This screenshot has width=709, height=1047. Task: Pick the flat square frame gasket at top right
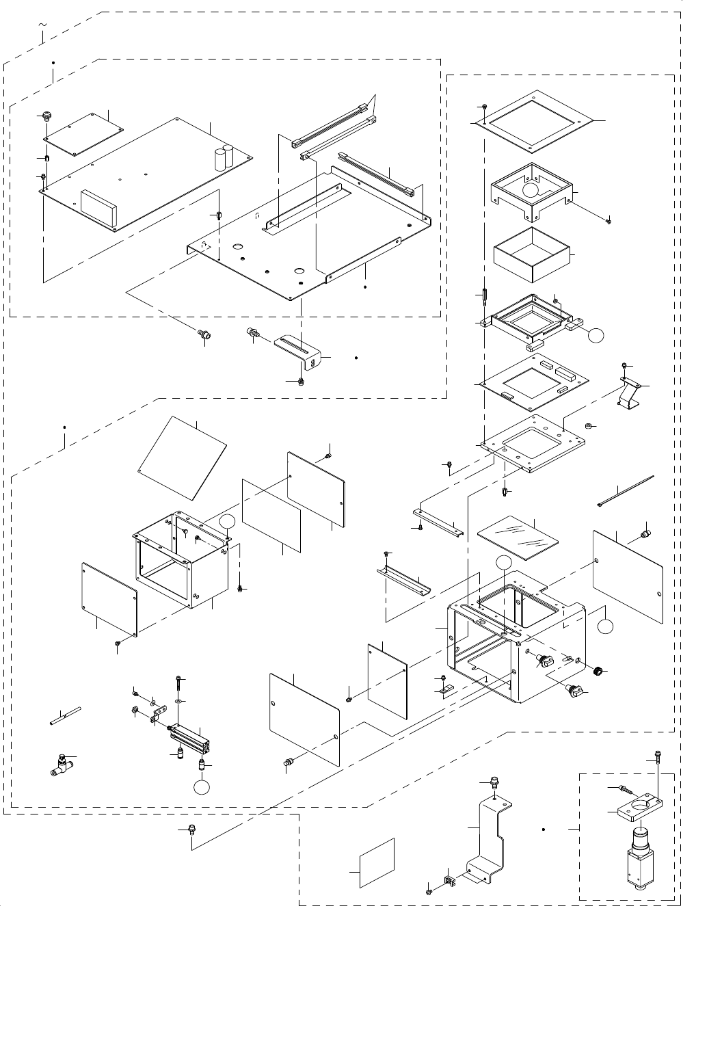click(533, 121)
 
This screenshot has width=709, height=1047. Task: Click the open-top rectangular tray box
click(531, 255)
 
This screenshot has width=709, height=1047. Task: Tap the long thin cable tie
click(626, 490)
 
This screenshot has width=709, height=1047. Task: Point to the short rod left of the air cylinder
click(66, 714)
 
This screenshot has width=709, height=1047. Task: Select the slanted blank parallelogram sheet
click(183, 456)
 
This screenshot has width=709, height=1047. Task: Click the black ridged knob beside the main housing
click(599, 671)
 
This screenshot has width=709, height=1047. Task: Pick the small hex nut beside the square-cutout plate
click(587, 427)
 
